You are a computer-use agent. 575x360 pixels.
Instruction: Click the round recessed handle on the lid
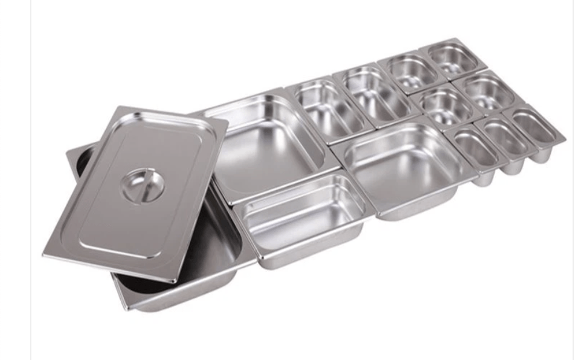(143, 185)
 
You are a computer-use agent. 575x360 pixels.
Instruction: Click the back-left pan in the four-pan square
(406, 72)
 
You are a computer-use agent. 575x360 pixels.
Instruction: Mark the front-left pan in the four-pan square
(447, 106)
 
